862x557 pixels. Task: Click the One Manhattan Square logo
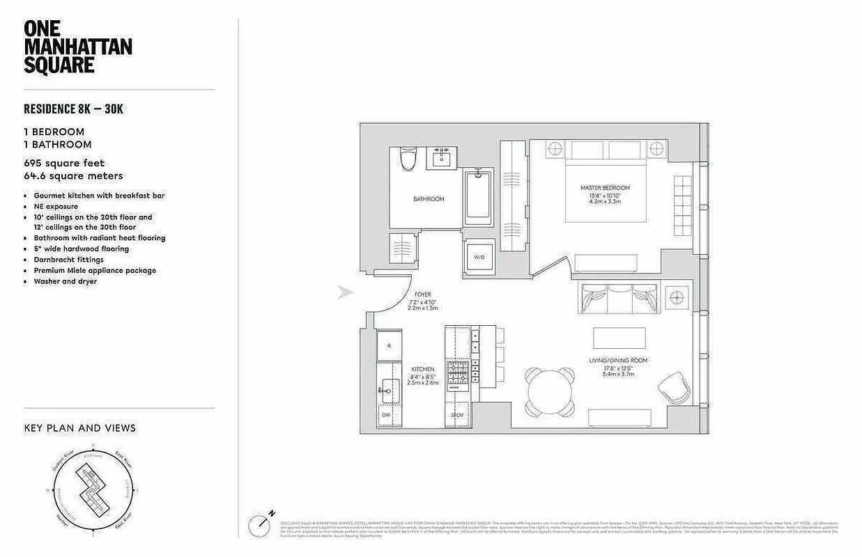click(77, 47)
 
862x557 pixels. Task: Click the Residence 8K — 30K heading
click(73, 109)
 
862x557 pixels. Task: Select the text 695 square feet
click(64, 163)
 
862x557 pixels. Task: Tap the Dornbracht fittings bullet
click(68, 260)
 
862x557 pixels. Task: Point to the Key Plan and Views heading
click(79, 427)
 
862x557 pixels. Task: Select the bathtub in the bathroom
click(479, 197)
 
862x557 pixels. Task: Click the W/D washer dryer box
click(479, 257)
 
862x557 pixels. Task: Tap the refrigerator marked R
click(390, 346)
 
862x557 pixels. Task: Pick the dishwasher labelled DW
click(387, 414)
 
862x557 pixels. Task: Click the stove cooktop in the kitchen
click(459, 375)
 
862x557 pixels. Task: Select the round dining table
click(550, 392)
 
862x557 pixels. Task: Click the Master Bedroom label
click(605, 188)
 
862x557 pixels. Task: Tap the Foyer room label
click(423, 295)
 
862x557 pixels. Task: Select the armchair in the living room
click(673, 387)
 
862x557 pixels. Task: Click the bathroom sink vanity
click(440, 159)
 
